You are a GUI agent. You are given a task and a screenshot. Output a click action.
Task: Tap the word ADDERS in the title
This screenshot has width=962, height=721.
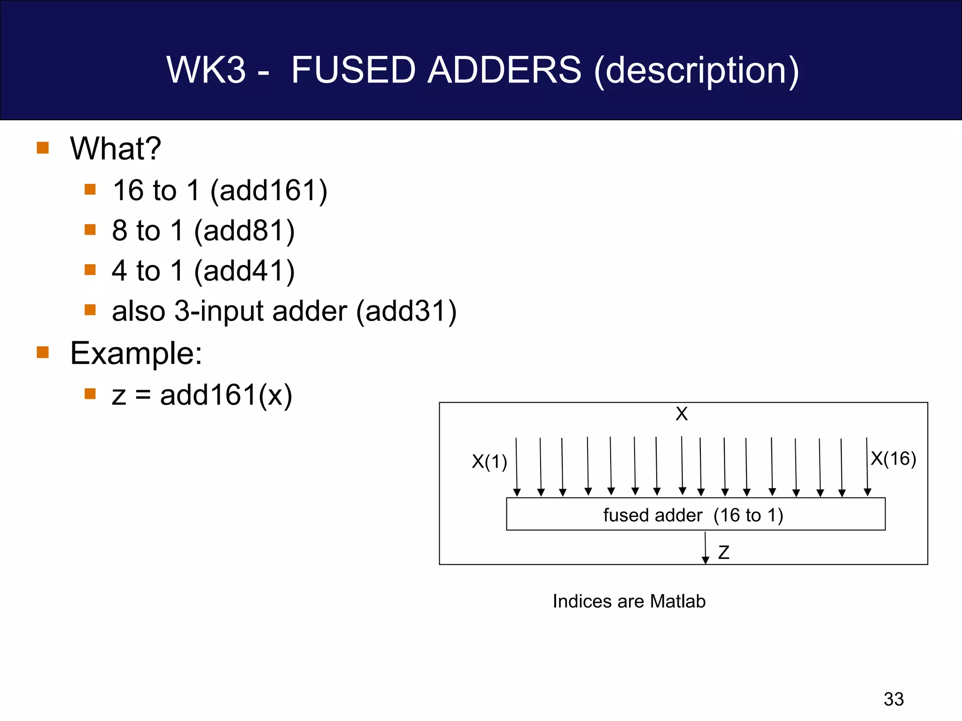tap(504, 70)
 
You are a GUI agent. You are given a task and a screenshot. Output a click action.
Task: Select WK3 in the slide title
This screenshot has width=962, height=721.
tap(206, 70)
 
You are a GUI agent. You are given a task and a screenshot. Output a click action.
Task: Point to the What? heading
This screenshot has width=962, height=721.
tap(116, 149)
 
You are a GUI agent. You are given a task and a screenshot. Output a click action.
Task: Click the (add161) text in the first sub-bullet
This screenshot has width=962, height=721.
tap(269, 191)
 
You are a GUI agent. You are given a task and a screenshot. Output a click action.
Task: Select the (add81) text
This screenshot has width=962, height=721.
tap(244, 231)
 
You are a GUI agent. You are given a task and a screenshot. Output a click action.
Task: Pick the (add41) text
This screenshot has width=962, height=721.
tap(244, 271)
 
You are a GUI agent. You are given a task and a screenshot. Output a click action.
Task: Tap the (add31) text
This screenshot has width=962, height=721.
tap(406, 311)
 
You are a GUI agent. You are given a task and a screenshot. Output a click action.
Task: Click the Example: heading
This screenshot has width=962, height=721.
tap(136, 353)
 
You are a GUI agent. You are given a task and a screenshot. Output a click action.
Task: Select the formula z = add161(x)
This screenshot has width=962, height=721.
tap(202, 395)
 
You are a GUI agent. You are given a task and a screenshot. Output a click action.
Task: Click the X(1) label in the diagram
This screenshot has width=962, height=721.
tap(489, 462)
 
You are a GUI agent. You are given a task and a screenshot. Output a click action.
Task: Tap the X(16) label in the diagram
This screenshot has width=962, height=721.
tap(893, 459)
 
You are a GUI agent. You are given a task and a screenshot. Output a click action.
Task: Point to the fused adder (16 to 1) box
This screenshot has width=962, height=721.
tap(695, 514)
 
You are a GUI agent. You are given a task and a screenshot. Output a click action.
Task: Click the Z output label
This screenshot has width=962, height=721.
tap(723, 552)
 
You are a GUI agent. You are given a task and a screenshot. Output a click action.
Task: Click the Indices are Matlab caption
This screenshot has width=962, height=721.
tap(629, 601)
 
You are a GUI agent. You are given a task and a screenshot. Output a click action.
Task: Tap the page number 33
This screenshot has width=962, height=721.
tap(893, 699)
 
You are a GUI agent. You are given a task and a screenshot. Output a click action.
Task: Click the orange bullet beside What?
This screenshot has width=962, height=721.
tap(43, 148)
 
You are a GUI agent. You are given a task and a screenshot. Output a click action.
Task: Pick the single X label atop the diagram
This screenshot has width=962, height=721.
tap(682, 414)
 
